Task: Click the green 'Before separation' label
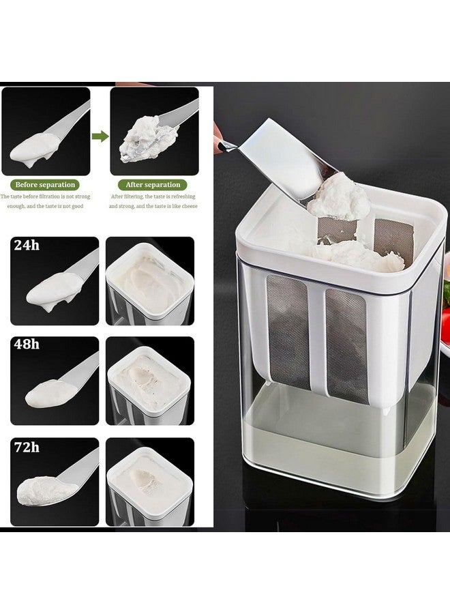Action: click(x=45, y=185)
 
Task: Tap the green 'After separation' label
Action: click(x=153, y=185)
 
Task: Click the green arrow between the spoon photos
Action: click(x=100, y=136)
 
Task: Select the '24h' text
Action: click(x=27, y=246)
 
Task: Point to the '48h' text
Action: click(x=27, y=345)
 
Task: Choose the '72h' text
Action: click(x=27, y=447)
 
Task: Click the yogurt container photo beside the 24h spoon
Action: click(x=150, y=281)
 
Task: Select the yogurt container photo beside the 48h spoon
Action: click(x=150, y=381)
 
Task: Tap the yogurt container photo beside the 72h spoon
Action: click(x=150, y=482)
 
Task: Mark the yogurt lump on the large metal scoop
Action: click(x=339, y=197)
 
